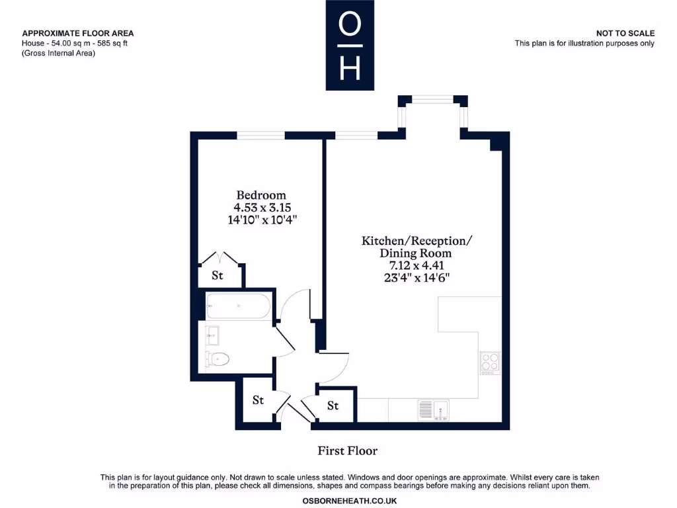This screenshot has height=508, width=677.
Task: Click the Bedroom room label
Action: point(261,195)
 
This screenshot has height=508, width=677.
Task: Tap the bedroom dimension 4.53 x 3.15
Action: point(261,207)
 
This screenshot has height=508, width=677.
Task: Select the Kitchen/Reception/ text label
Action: point(417,241)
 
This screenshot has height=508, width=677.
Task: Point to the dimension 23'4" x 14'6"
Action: point(417,278)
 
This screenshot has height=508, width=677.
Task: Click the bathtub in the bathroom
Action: point(237,306)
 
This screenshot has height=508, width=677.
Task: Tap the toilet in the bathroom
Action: point(218,359)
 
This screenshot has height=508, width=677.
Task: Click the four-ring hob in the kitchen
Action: point(490,363)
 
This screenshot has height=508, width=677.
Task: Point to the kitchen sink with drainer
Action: point(433,410)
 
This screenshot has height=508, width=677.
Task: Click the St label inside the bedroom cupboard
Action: point(217,276)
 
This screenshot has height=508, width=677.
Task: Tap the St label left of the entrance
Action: point(258,400)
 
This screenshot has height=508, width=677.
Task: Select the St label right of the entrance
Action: point(333,405)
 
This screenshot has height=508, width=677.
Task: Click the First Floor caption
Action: point(348,451)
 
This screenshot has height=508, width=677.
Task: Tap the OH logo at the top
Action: point(350,45)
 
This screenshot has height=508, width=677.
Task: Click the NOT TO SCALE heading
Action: point(625,33)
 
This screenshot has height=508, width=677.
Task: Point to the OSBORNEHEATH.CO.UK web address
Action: point(350,501)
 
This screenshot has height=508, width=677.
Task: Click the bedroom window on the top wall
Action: point(261,136)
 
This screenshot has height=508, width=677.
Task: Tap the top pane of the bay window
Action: point(432,100)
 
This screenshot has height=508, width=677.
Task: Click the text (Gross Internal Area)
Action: point(59,54)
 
